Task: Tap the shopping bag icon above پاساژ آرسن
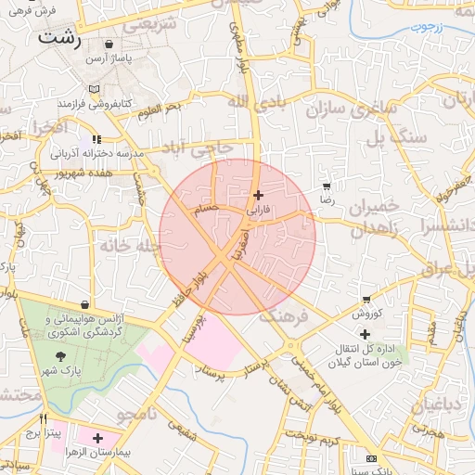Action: (109, 44)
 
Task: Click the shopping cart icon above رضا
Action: (327, 186)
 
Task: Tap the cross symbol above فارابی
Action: (258, 195)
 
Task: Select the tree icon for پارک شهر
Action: (61, 356)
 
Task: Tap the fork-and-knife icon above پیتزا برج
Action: (43, 418)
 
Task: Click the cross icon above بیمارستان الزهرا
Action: (97, 437)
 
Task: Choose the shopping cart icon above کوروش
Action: (366, 300)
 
